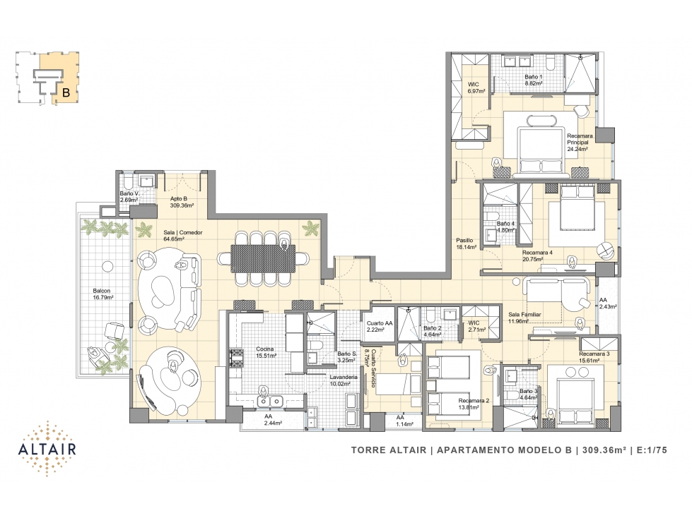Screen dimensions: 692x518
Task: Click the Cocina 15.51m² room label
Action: click(x=266, y=352)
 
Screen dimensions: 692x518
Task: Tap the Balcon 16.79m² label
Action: click(x=102, y=294)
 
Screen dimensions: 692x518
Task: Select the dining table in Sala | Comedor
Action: click(x=263, y=258)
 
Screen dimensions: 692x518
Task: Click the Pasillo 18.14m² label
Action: click(x=466, y=243)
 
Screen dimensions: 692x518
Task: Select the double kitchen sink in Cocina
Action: click(x=270, y=402)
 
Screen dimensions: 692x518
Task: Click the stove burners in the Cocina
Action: click(x=236, y=357)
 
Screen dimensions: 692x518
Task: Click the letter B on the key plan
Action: click(x=66, y=92)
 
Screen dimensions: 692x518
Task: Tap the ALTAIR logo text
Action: click(x=47, y=449)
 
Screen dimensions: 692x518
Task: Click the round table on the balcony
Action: click(x=106, y=266)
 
